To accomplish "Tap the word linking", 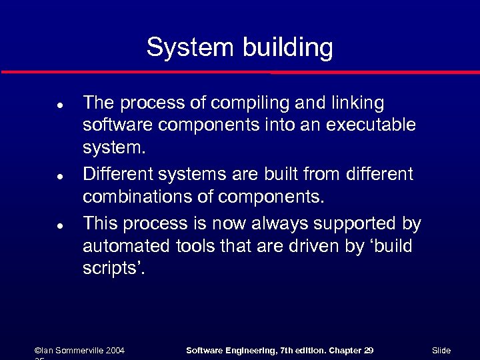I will [x=355, y=103].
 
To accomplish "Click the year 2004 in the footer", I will [x=113, y=351].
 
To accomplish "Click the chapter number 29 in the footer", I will [x=368, y=351].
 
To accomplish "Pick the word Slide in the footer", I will [x=441, y=351].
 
